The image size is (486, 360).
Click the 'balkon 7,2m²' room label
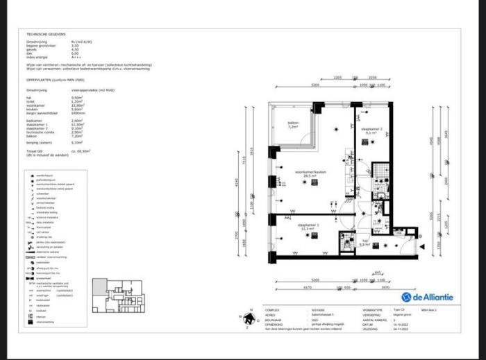tap(294, 126)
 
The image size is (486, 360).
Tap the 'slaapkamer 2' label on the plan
tap(371, 130)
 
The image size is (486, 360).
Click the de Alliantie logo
tap(428, 297)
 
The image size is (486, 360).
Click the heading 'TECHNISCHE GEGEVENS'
tap(46, 33)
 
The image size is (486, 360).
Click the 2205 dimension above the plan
tap(337, 77)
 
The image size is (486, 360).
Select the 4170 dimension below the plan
tap(298, 287)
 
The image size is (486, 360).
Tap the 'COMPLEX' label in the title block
tap(273, 310)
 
